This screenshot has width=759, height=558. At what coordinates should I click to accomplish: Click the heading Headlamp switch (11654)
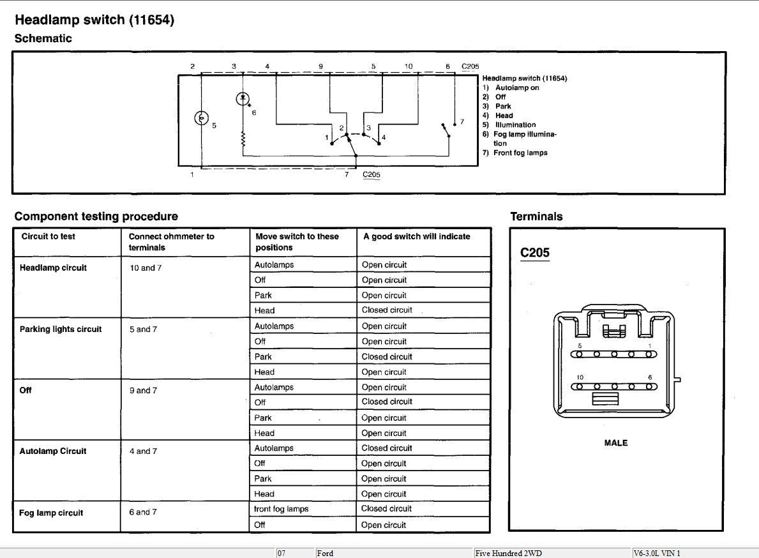(x=94, y=20)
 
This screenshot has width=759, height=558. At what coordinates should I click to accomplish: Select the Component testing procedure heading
(x=96, y=216)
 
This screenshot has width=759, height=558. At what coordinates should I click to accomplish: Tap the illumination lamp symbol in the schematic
(x=202, y=118)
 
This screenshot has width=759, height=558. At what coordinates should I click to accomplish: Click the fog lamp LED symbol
(x=243, y=99)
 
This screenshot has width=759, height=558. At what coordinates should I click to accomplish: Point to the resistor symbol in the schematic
(x=243, y=140)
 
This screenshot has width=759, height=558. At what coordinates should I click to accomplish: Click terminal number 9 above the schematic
(x=320, y=66)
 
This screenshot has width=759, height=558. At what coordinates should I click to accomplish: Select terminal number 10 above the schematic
(x=409, y=66)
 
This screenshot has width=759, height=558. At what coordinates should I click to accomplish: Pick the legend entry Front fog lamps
(x=520, y=153)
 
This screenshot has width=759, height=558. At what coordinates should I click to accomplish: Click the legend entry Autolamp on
(x=516, y=88)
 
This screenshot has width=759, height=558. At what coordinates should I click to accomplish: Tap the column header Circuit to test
(x=49, y=237)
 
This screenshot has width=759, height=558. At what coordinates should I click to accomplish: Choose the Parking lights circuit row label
(x=61, y=329)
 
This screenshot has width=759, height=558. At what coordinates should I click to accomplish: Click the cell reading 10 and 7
(x=146, y=268)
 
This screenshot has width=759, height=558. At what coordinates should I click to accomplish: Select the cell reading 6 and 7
(x=143, y=512)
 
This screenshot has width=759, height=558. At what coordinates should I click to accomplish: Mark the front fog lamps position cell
(x=282, y=509)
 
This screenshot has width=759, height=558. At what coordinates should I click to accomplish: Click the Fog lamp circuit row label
(x=51, y=513)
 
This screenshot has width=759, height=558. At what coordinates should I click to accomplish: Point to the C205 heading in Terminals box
(x=535, y=253)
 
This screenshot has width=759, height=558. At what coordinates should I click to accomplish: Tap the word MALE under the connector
(x=616, y=443)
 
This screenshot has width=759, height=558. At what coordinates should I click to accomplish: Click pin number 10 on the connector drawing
(x=580, y=377)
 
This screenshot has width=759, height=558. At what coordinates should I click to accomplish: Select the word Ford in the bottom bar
(x=325, y=553)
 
